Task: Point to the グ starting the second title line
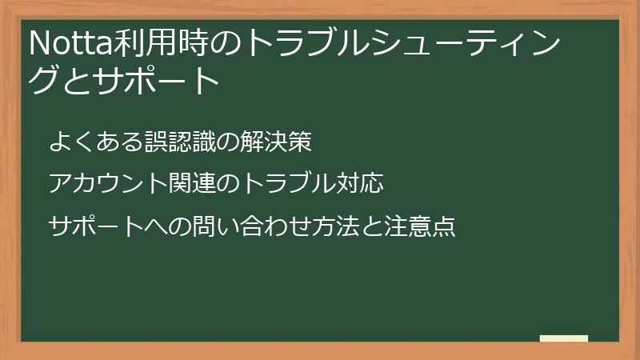(x=44, y=81)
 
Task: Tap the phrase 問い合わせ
(x=240, y=226)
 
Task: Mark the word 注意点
(x=420, y=226)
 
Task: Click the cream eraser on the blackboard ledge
(x=563, y=338)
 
